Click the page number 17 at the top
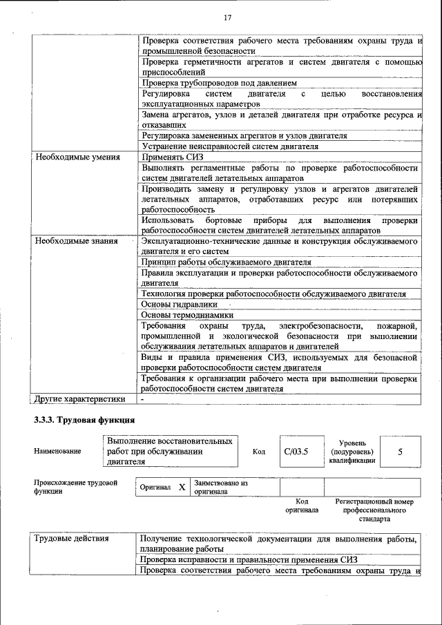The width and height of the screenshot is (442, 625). [x=227, y=17]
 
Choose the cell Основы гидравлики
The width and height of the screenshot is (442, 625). [x=180, y=304]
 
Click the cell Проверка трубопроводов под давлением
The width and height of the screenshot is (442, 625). [x=219, y=83]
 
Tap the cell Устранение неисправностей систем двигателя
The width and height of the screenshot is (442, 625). [x=230, y=146]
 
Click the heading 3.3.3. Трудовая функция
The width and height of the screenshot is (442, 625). [x=84, y=421]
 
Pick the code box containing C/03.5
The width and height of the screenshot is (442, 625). [x=295, y=452]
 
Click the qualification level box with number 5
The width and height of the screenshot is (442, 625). [x=400, y=452]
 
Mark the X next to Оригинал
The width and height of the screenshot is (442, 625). [x=182, y=487]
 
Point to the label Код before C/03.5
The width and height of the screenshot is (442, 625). [x=259, y=452]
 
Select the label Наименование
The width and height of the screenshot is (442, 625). [x=57, y=452]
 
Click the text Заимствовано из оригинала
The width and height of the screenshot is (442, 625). [x=221, y=487]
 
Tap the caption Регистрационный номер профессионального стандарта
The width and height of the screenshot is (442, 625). [x=374, y=510]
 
